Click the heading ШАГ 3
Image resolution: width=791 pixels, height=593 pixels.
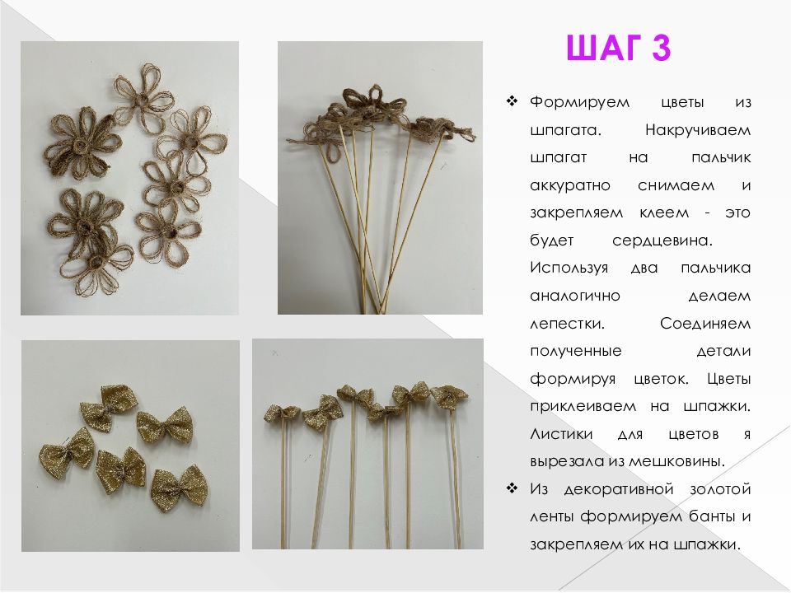coord(619,48)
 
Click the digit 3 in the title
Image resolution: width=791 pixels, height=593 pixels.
coord(661,48)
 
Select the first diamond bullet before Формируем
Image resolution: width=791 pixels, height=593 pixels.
coord(512,101)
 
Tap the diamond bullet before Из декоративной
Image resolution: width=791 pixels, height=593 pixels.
coord(512,488)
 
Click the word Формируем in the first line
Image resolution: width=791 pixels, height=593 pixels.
coord(579,103)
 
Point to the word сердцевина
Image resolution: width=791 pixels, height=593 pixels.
coord(662,240)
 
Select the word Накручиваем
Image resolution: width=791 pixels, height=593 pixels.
coord(698,131)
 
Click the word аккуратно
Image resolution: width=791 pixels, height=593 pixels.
coord(570,186)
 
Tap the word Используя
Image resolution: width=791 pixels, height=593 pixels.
coord(569,268)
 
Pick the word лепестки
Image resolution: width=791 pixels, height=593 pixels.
coord(567,323)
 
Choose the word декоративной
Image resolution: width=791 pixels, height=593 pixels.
coord(619,489)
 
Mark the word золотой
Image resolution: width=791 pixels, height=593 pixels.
coord(720,489)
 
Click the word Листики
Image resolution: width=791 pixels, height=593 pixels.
coord(561,434)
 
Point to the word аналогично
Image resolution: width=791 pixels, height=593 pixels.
coord(574,296)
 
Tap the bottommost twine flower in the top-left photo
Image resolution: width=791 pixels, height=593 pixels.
coord(96,266)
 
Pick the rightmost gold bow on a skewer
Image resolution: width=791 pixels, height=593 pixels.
coord(449,396)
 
